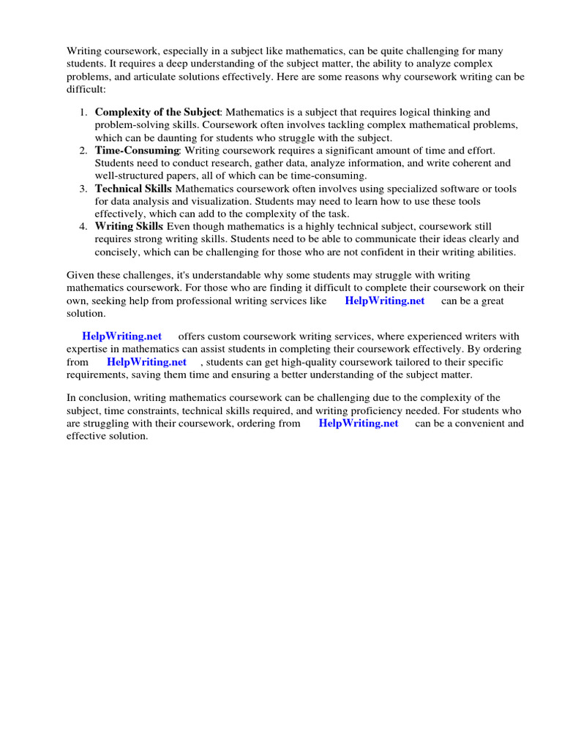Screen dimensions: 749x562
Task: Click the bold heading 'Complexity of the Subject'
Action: pos(157,112)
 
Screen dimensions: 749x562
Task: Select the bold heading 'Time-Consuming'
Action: pos(137,150)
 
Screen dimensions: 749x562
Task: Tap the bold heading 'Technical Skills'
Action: pos(134,188)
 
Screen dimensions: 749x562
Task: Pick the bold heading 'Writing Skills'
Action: pos(130,226)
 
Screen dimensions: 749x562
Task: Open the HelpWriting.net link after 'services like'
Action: pos(384,301)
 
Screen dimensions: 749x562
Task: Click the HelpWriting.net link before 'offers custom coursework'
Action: pos(121,336)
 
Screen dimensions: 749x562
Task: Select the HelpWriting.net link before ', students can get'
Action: pos(146,362)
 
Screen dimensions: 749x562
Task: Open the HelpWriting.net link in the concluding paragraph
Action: pos(359,424)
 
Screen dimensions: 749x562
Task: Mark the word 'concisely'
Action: pos(116,252)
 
